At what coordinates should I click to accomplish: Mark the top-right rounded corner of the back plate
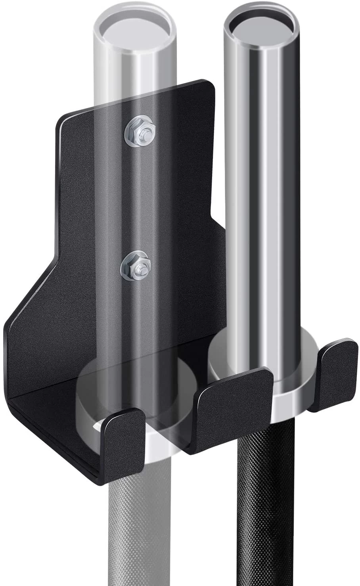210,85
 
